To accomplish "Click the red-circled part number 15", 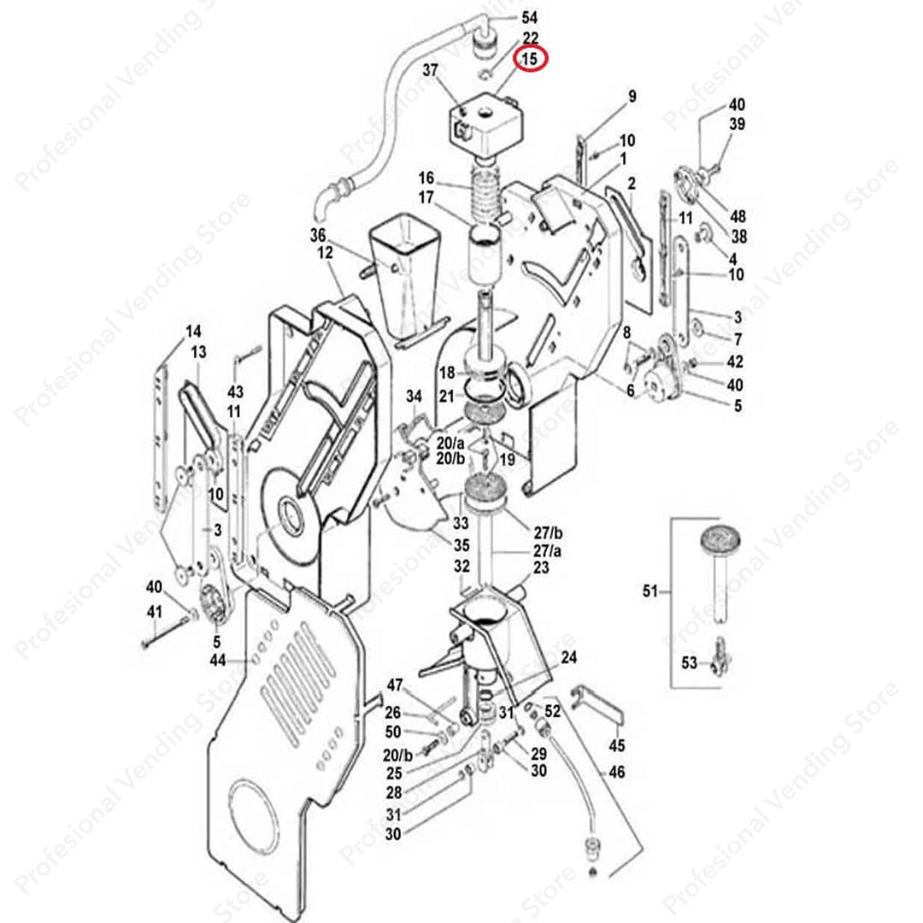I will pos(531,59).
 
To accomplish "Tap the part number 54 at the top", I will pos(530,18).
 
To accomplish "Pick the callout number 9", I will pos(632,97).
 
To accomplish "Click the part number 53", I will pos(689,661).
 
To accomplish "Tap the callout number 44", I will pos(218,660).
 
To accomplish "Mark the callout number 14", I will pos(193,331).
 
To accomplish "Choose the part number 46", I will pos(616,772).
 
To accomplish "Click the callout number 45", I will pos(616,746).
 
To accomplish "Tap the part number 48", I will pos(738,217).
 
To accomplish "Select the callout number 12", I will pos(326,253).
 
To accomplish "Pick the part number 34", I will pos(414,397).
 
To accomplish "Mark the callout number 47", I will pos(394,685).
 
